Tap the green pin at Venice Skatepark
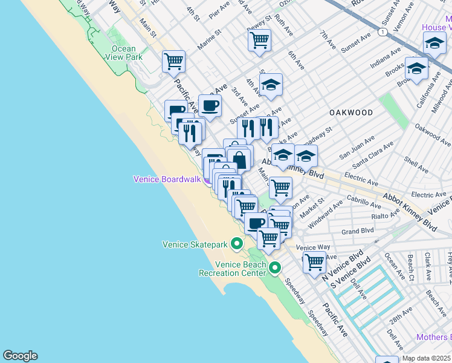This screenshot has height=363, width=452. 237,244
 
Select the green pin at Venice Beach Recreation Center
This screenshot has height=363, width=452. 276,267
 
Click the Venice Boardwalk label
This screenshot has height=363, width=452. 166,179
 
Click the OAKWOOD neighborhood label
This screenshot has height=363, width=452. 351,113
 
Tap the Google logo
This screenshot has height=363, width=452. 20,356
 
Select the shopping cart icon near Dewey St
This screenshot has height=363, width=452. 259,41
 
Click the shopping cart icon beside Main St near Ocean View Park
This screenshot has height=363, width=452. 173,61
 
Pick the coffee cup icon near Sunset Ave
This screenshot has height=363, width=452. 210,105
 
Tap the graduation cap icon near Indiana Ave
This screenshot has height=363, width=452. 416,69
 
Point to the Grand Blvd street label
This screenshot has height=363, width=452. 358,231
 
